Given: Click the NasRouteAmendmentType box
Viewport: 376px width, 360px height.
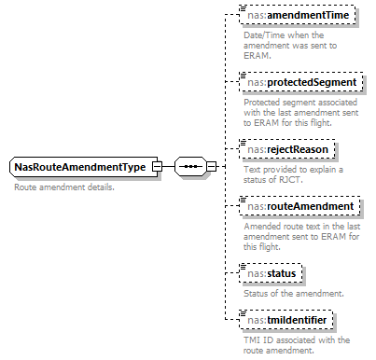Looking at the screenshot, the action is click(x=80, y=167).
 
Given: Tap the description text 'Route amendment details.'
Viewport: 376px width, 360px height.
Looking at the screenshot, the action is click(x=63, y=187).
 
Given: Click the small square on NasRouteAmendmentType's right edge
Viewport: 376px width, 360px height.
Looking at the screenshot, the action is click(x=157, y=167).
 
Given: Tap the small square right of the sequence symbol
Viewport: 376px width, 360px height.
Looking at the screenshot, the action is click(x=212, y=167).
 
